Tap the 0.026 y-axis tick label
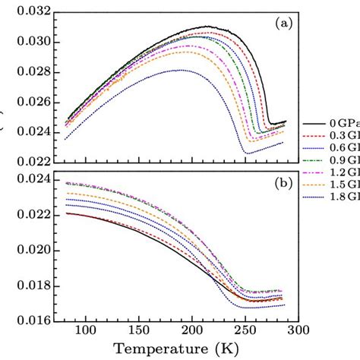pos(29,102)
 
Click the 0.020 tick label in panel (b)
pos(29,251)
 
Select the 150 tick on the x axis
pos(138,331)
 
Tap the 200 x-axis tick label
pos(191,331)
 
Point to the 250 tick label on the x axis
pos(245,331)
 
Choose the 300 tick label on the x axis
pos(298,331)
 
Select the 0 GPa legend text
pos(344,123)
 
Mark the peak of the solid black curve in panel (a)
pos(207,27)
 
